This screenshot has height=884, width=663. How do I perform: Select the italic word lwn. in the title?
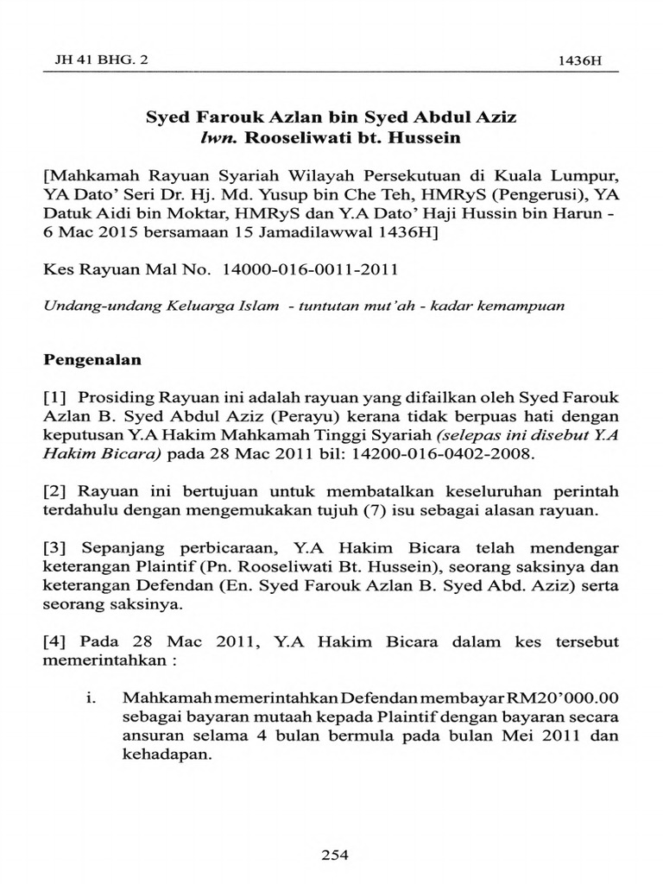216,137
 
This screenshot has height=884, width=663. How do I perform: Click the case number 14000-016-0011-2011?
310,269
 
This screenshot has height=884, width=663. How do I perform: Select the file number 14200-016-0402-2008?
450,453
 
